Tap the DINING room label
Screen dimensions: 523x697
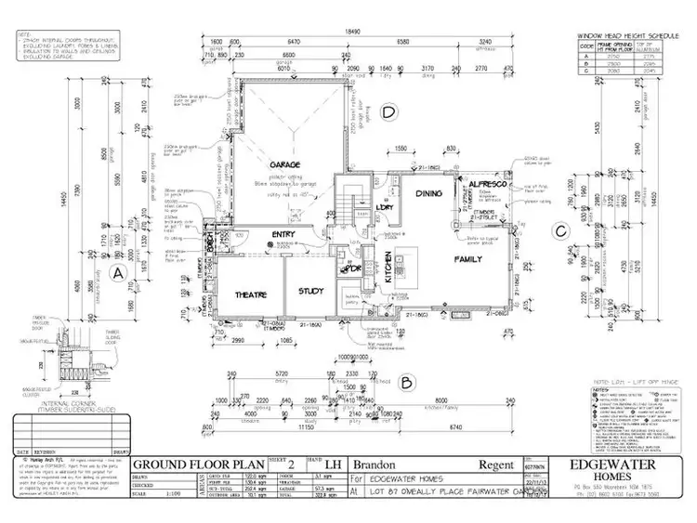click(403, 194)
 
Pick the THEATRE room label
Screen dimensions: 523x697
click(250, 294)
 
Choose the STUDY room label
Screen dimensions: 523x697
click(310, 293)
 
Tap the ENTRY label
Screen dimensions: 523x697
click(283, 235)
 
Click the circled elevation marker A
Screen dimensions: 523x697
click(117, 273)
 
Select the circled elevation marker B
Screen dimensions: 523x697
click(406, 381)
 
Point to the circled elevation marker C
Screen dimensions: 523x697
click(560, 232)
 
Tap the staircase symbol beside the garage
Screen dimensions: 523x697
click(352, 200)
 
